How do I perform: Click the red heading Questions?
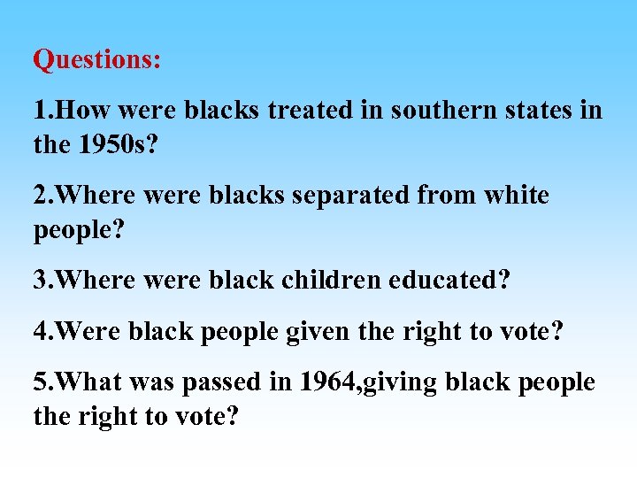[x=97, y=60]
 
